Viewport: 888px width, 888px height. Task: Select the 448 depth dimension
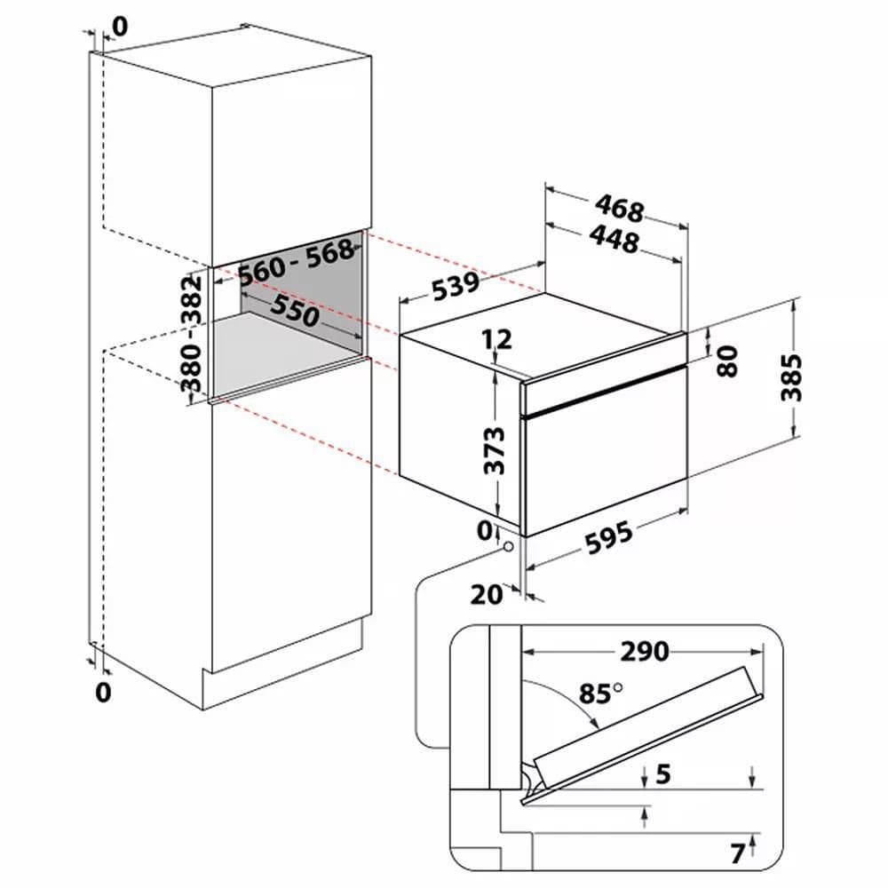[x=613, y=239]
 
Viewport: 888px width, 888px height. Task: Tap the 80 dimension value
[x=727, y=361]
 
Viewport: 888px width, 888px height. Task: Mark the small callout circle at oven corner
[x=508, y=548]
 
